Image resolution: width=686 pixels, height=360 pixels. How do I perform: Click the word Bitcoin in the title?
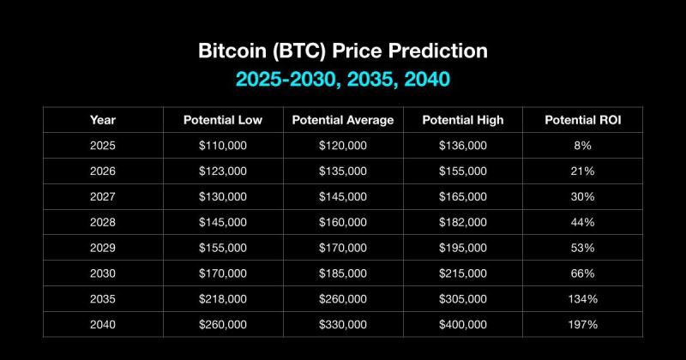pyautogui.click(x=232, y=51)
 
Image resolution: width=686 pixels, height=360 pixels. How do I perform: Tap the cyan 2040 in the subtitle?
pyautogui.click(x=427, y=79)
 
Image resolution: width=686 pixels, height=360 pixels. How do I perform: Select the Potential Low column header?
pyautogui.click(x=223, y=120)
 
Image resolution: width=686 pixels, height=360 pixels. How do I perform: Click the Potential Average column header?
pyautogui.click(x=343, y=120)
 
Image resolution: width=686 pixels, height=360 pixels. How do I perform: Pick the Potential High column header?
pyautogui.click(x=463, y=120)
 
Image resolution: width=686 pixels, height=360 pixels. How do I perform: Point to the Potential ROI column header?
pyautogui.click(x=583, y=120)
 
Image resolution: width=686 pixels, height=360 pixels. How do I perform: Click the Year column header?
pyautogui.click(x=103, y=120)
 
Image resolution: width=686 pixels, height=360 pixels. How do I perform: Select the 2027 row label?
pyautogui.click(x=103, y=196)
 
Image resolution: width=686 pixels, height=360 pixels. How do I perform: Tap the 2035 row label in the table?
pyautogui.click(x=103, y=299)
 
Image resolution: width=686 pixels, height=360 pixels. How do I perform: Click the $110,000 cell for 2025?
pyautogui.click(x=223, y=145)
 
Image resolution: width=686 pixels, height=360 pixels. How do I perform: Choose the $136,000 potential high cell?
pyautogui.click(x=463, y=145)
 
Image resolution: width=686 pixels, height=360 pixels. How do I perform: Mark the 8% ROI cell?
pyautogui.click(x=583, y=145)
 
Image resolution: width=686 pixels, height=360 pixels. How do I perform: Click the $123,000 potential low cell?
pyautogui.click(x=223, y=171)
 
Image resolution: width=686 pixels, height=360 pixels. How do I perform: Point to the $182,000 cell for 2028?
pyautogui.click(x=463, y=222)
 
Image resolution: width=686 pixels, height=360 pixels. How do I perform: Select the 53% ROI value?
pyautogui.click(x=583, y=248)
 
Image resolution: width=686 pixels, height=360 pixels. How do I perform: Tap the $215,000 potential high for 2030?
pyautogui.click(x=463, y=273)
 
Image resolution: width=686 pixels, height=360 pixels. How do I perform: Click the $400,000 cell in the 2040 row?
pyautogui.click(x=463, y=325)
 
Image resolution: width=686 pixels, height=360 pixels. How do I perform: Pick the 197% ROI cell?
pyautogui.click(x=583, y=325)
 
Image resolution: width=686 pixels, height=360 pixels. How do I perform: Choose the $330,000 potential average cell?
pyautogui.click(x=343, y=325)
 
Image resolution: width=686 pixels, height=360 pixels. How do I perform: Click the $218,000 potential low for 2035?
pyautogui.click(x=223, y=299)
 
